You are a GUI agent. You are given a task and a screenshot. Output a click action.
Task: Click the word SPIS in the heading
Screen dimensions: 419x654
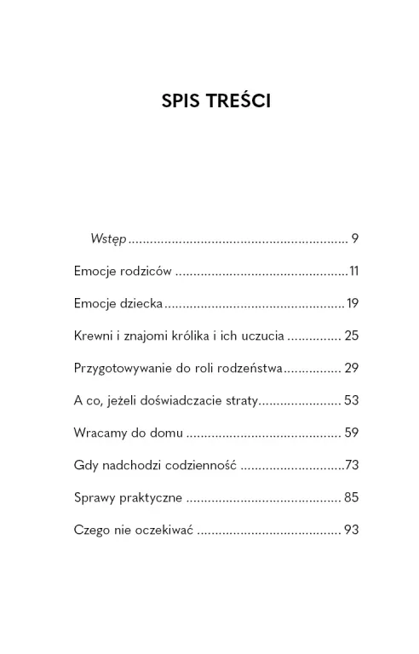point(181,101)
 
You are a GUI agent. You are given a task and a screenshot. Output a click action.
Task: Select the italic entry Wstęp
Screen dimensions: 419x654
point(108,240)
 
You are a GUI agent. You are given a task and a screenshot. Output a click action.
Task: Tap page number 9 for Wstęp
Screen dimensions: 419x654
point(354,239)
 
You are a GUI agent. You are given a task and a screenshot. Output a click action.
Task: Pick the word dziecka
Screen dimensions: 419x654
point(138,304)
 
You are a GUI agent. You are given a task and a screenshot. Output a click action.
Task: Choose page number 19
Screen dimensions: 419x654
point(352,304)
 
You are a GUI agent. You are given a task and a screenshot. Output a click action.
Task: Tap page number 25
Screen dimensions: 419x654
point(352,336)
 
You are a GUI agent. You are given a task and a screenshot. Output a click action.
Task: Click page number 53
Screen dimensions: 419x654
point(352,401)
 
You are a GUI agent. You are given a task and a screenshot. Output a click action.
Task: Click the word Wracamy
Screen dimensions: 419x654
point(101,433)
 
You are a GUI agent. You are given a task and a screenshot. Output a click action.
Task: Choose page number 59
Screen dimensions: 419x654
point(352,433)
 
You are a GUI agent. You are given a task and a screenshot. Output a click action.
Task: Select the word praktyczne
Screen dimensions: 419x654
point(152,498)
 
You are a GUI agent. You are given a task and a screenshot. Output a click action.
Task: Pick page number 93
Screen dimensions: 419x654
point(352,531)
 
